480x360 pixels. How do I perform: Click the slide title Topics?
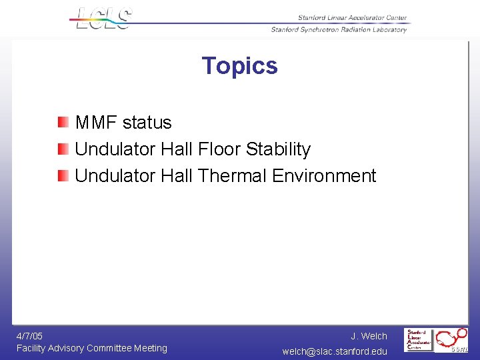pyautogui.click(x=239, y=65)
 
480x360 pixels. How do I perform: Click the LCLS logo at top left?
pyautogui.click(x=103, y=19)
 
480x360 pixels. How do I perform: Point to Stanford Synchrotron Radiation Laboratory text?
pyautogui.click(x=339, y=29)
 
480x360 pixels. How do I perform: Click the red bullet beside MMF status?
pyautogui.click(x=63, y=122)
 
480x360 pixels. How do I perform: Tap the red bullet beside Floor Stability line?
pyautogui.click(x=63, y=149)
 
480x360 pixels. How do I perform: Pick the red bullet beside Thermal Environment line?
pyautogui.click(x=63, y=175)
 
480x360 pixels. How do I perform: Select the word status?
pyautogui.click(x=147, y=123)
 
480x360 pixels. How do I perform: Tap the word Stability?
pyautogui.click(x=278, y=149)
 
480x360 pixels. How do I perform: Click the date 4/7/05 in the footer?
pyautogui.click(x=29, y=336)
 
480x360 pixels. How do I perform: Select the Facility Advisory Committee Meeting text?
pyautogui.click(x=92, y=348)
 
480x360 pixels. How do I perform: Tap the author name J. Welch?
pyautogui.click(x=369, y=336)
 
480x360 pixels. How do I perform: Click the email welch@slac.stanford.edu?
pyautogui.click(x=335, y=351)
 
